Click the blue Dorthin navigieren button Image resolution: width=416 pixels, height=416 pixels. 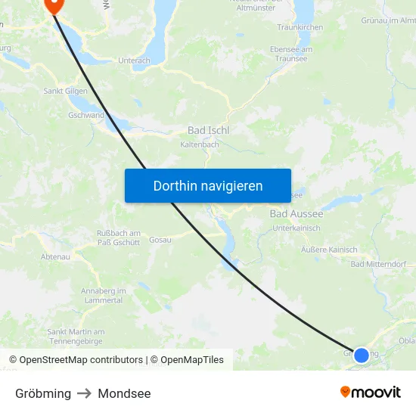tap(208, 185)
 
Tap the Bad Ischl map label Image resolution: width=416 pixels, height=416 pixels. tap(208, 130)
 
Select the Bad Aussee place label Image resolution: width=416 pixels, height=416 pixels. tap(296, 214)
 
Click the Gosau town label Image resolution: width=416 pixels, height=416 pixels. tap(160, 240)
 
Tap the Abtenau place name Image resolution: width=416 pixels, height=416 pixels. tap(55, 256)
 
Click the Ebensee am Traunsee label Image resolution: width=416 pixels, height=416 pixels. tap(291, 54)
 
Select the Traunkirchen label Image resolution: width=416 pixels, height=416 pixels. tap(300, 27)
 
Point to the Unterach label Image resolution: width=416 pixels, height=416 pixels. tap(134, 61)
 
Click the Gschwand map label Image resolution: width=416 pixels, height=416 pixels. tap(85, 116)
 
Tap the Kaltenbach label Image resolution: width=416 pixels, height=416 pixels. tap(200, 144)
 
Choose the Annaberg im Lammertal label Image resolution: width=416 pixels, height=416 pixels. tap(104, 295)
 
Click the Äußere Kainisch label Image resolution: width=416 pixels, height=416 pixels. tap(329, 250)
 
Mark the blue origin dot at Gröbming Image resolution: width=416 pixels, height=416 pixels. tap(362, 355)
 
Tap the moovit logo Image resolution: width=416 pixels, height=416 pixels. tap(371, 393)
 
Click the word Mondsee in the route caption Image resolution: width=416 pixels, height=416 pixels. tap(124, 393)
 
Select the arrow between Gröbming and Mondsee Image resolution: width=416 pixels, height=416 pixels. tap(84, 393)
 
